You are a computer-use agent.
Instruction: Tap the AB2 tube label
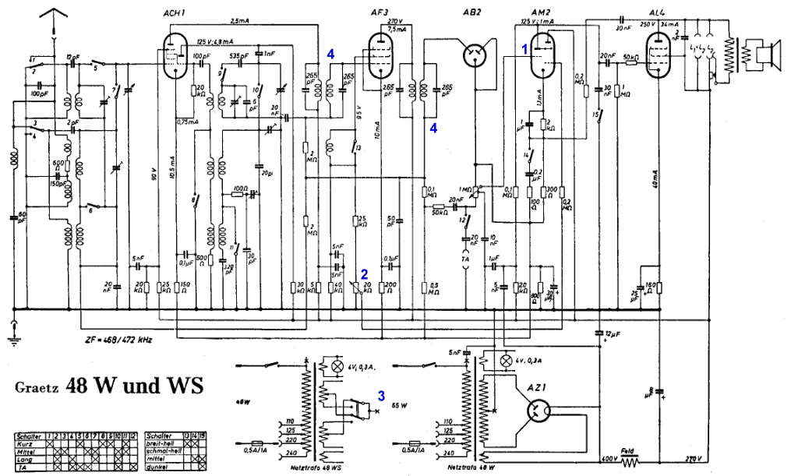(x=471, y=13)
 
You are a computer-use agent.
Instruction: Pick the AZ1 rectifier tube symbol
(x=536, y=411)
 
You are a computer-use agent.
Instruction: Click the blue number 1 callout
(x=525, y=48)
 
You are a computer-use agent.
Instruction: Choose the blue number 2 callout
(x=363, y=273)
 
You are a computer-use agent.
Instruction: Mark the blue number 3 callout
(x=381, y=395)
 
